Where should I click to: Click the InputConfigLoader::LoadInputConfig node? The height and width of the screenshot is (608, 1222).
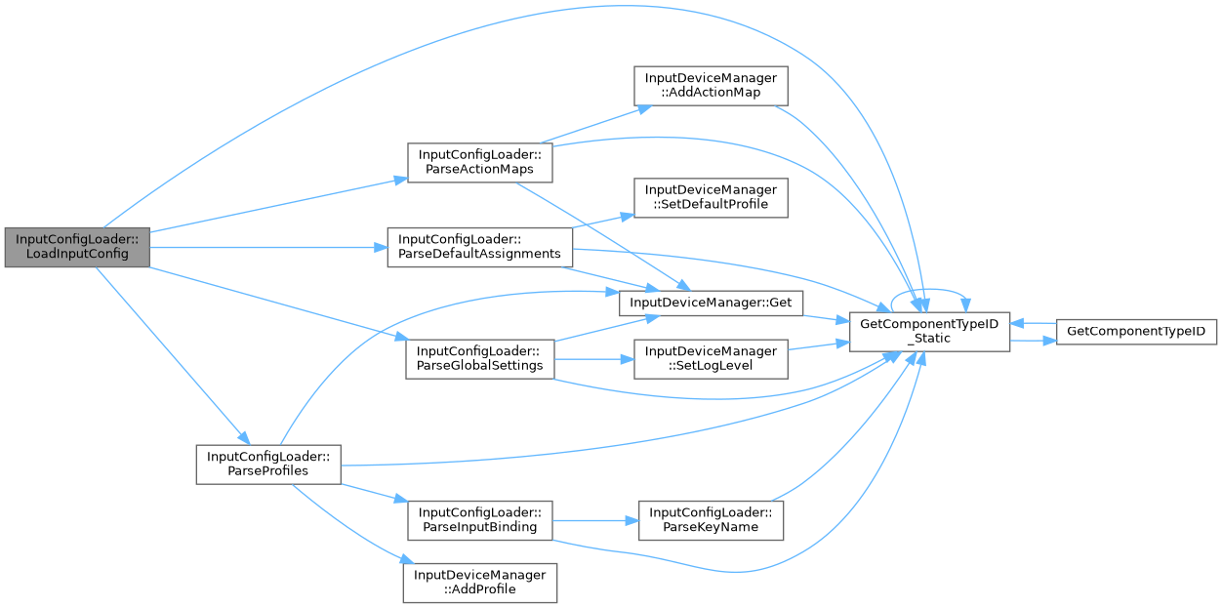tap(77, 247)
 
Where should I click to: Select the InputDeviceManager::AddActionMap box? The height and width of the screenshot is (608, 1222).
tap(711, 85)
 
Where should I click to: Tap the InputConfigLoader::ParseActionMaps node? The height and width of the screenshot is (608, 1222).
tap(478, 162)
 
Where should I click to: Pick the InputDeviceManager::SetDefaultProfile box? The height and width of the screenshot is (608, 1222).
tap(711, 197)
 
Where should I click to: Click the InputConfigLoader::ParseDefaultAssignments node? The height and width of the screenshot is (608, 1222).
tap(478, 247)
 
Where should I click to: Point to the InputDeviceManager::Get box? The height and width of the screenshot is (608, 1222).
tap(711, 304)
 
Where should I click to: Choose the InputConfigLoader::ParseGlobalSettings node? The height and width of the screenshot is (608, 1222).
tap(478, 358)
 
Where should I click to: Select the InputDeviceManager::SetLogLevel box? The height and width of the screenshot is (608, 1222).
tap(711, 358)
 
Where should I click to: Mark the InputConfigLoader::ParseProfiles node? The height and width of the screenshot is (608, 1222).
tap(267, 464)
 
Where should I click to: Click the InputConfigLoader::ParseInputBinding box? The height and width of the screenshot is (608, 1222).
tap(478, 520)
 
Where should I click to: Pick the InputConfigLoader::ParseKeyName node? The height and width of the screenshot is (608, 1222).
tap(711, 520)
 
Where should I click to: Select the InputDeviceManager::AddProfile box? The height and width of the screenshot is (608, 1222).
tap(478, 582)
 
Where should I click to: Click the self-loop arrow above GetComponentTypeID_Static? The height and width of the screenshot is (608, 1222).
tap(943, 291)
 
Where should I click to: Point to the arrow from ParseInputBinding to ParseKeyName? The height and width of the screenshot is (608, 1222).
tap(595, 520)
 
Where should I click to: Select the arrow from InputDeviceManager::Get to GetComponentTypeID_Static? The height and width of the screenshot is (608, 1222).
tap(826, 317)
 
